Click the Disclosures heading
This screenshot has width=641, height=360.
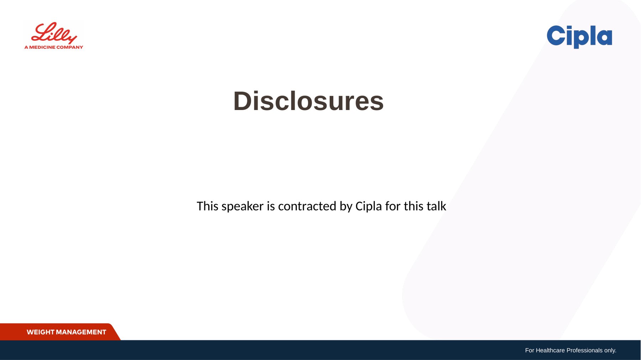click(308, 101)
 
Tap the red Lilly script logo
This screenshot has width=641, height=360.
click(54, 33)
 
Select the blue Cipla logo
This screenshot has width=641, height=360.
click(579, 37)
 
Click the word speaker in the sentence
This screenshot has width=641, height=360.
click(243, 206)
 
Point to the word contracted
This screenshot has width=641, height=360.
click(307, 206)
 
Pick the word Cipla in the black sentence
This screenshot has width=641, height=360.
click(369, 207)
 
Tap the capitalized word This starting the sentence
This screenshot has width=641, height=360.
click(207, 206)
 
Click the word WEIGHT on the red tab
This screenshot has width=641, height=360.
click(40, 332)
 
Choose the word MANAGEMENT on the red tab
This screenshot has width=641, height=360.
click(81, 332)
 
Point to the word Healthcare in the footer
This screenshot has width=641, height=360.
click(550, 350)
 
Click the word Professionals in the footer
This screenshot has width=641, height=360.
click(584, 350)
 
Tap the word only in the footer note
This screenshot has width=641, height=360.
click(610, 350)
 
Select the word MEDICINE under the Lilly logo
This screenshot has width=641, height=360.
click(42, 47)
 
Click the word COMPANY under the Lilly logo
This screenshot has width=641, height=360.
click(70, 47)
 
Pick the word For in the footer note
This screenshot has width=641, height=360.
click(530, 350)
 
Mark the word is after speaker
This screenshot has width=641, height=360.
click(271, 206)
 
